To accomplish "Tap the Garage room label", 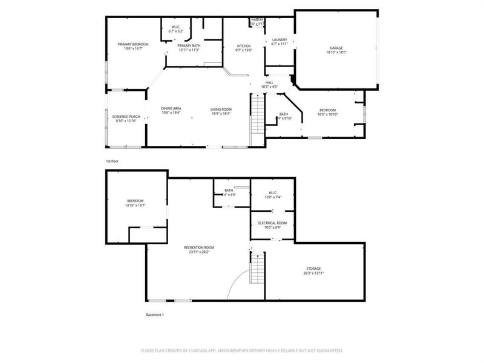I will (x=336, y=48).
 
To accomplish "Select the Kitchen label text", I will (x=243, y=46).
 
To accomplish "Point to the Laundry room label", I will (x=280, y=40).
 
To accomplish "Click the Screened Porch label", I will (x=126, y=117).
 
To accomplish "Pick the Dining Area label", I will (x=171, y=109).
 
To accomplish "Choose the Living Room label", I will (x=221, y=109).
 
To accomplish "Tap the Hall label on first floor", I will (x=269, y=82).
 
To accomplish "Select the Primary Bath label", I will (x=189, y=45).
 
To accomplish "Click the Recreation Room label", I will (x=199, y=247).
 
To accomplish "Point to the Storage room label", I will (x=313, y=268).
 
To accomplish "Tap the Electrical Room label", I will (x=272, y=223).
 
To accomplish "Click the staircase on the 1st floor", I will (x=258, y=115).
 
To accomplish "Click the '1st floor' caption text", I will (x=113, y=162).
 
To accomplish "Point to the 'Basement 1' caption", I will (x=155, y=315).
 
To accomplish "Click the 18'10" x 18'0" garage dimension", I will (x=336, y=53).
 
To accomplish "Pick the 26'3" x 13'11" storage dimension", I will (x=313, y=273).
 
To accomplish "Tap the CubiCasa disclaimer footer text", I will (x=242, y=350).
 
